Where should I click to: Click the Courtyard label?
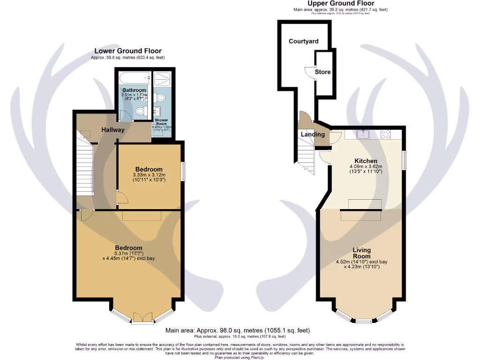click(x=303, y=41)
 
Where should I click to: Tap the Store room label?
click(x=322, y=72)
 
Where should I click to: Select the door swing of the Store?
click(x=309, y=73)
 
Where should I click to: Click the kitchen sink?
click(x=363, y=135)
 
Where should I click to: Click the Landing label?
click(x=313, y=135)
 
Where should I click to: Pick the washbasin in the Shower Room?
click(x=157, y=112)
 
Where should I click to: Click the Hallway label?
click(x=113, y=130)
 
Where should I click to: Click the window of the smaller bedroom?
click(x=183, y=171)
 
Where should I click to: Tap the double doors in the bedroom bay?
click(x=142, y=319)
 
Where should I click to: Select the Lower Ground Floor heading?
click(x=128, y=51)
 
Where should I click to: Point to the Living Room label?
click(x=362, y=253)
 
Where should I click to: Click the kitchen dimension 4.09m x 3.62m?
click(x=366, y=169)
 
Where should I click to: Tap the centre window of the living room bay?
click(x=364, y=321)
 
